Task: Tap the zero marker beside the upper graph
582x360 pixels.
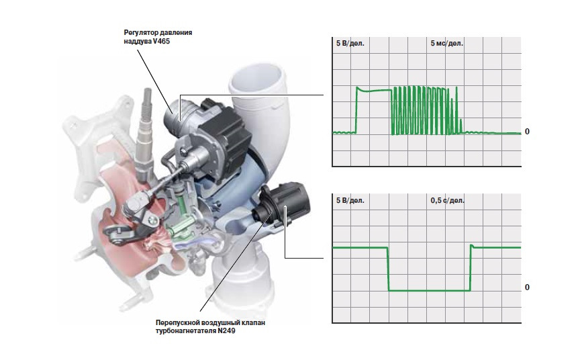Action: pos(527,132)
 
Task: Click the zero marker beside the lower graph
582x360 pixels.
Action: pos(527,287)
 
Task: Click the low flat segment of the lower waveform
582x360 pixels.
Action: pos(430,290)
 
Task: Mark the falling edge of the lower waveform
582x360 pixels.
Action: pos(388,269)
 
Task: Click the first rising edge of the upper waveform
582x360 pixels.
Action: pos(356,110)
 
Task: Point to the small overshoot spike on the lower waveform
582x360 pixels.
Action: pos(472,246)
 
